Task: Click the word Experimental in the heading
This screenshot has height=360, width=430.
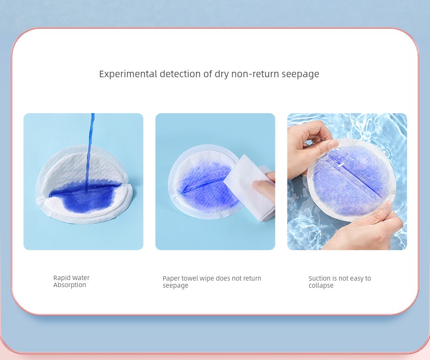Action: [x=128, y=75]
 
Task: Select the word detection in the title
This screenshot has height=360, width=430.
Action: [x=180, y=74]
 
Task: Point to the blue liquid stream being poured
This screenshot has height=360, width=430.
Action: [x=90, y=152]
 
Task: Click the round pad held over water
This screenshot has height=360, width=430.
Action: [x=351, y=179]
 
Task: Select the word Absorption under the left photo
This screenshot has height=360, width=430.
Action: [x=70, y=285]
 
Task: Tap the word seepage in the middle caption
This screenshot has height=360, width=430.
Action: [x=175, y=286]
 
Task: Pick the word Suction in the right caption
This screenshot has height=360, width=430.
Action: [x=320, y=278]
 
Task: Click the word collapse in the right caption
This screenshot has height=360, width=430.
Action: [x=321, y=285]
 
